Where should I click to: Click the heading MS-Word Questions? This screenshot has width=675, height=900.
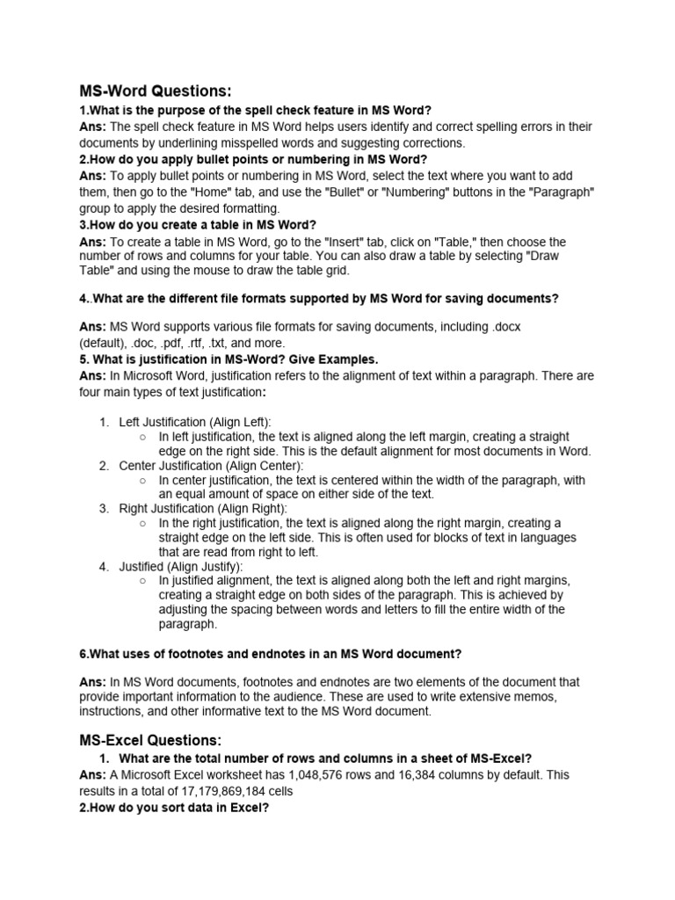click(156, 91)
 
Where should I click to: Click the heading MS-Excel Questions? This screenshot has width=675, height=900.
click(151, 739)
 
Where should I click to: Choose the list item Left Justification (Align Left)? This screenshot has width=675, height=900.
click(195, 421)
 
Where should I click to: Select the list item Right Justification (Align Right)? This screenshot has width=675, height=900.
click(203, 508)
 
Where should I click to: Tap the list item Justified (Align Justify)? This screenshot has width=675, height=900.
click(181, 566)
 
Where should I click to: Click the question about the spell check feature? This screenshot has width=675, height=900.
click(256, 110)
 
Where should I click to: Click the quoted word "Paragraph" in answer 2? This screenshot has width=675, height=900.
click(563, 192)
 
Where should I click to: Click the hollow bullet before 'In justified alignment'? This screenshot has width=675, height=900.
click(142, 581)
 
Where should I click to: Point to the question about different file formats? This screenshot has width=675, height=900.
click(318, 298)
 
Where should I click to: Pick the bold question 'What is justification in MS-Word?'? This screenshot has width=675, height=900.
click(229, 359)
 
